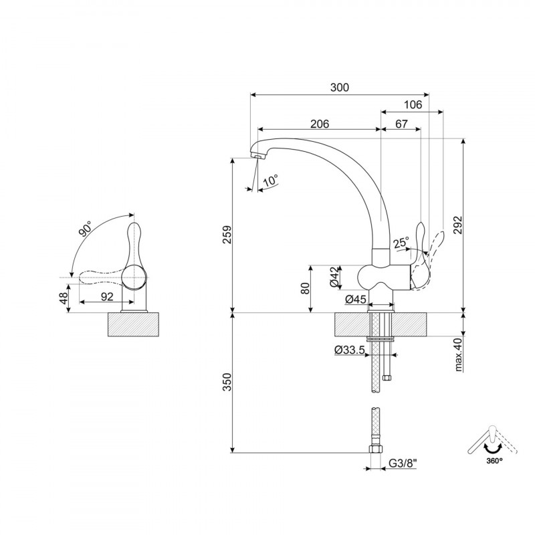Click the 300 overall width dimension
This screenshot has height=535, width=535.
340,88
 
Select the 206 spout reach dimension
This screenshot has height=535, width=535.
320,124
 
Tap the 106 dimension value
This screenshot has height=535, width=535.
413,104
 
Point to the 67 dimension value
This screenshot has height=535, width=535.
402,124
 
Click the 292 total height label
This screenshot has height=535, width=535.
458,225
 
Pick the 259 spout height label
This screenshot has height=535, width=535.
227,235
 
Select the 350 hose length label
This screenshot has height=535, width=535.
227,382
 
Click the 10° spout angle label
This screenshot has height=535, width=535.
271,180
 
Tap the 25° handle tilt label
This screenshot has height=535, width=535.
401,243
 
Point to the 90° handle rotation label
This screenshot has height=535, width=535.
85,228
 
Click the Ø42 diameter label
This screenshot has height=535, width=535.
336,277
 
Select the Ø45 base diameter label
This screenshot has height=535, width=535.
356,300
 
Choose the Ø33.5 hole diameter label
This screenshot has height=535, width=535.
350,350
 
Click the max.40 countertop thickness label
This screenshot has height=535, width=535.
458,354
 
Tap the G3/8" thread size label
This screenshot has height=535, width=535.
403,463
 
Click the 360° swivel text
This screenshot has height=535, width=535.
494,461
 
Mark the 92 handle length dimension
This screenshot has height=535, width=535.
107,296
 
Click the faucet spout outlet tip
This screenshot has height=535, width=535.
258,156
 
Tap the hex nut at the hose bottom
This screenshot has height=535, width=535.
375,449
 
